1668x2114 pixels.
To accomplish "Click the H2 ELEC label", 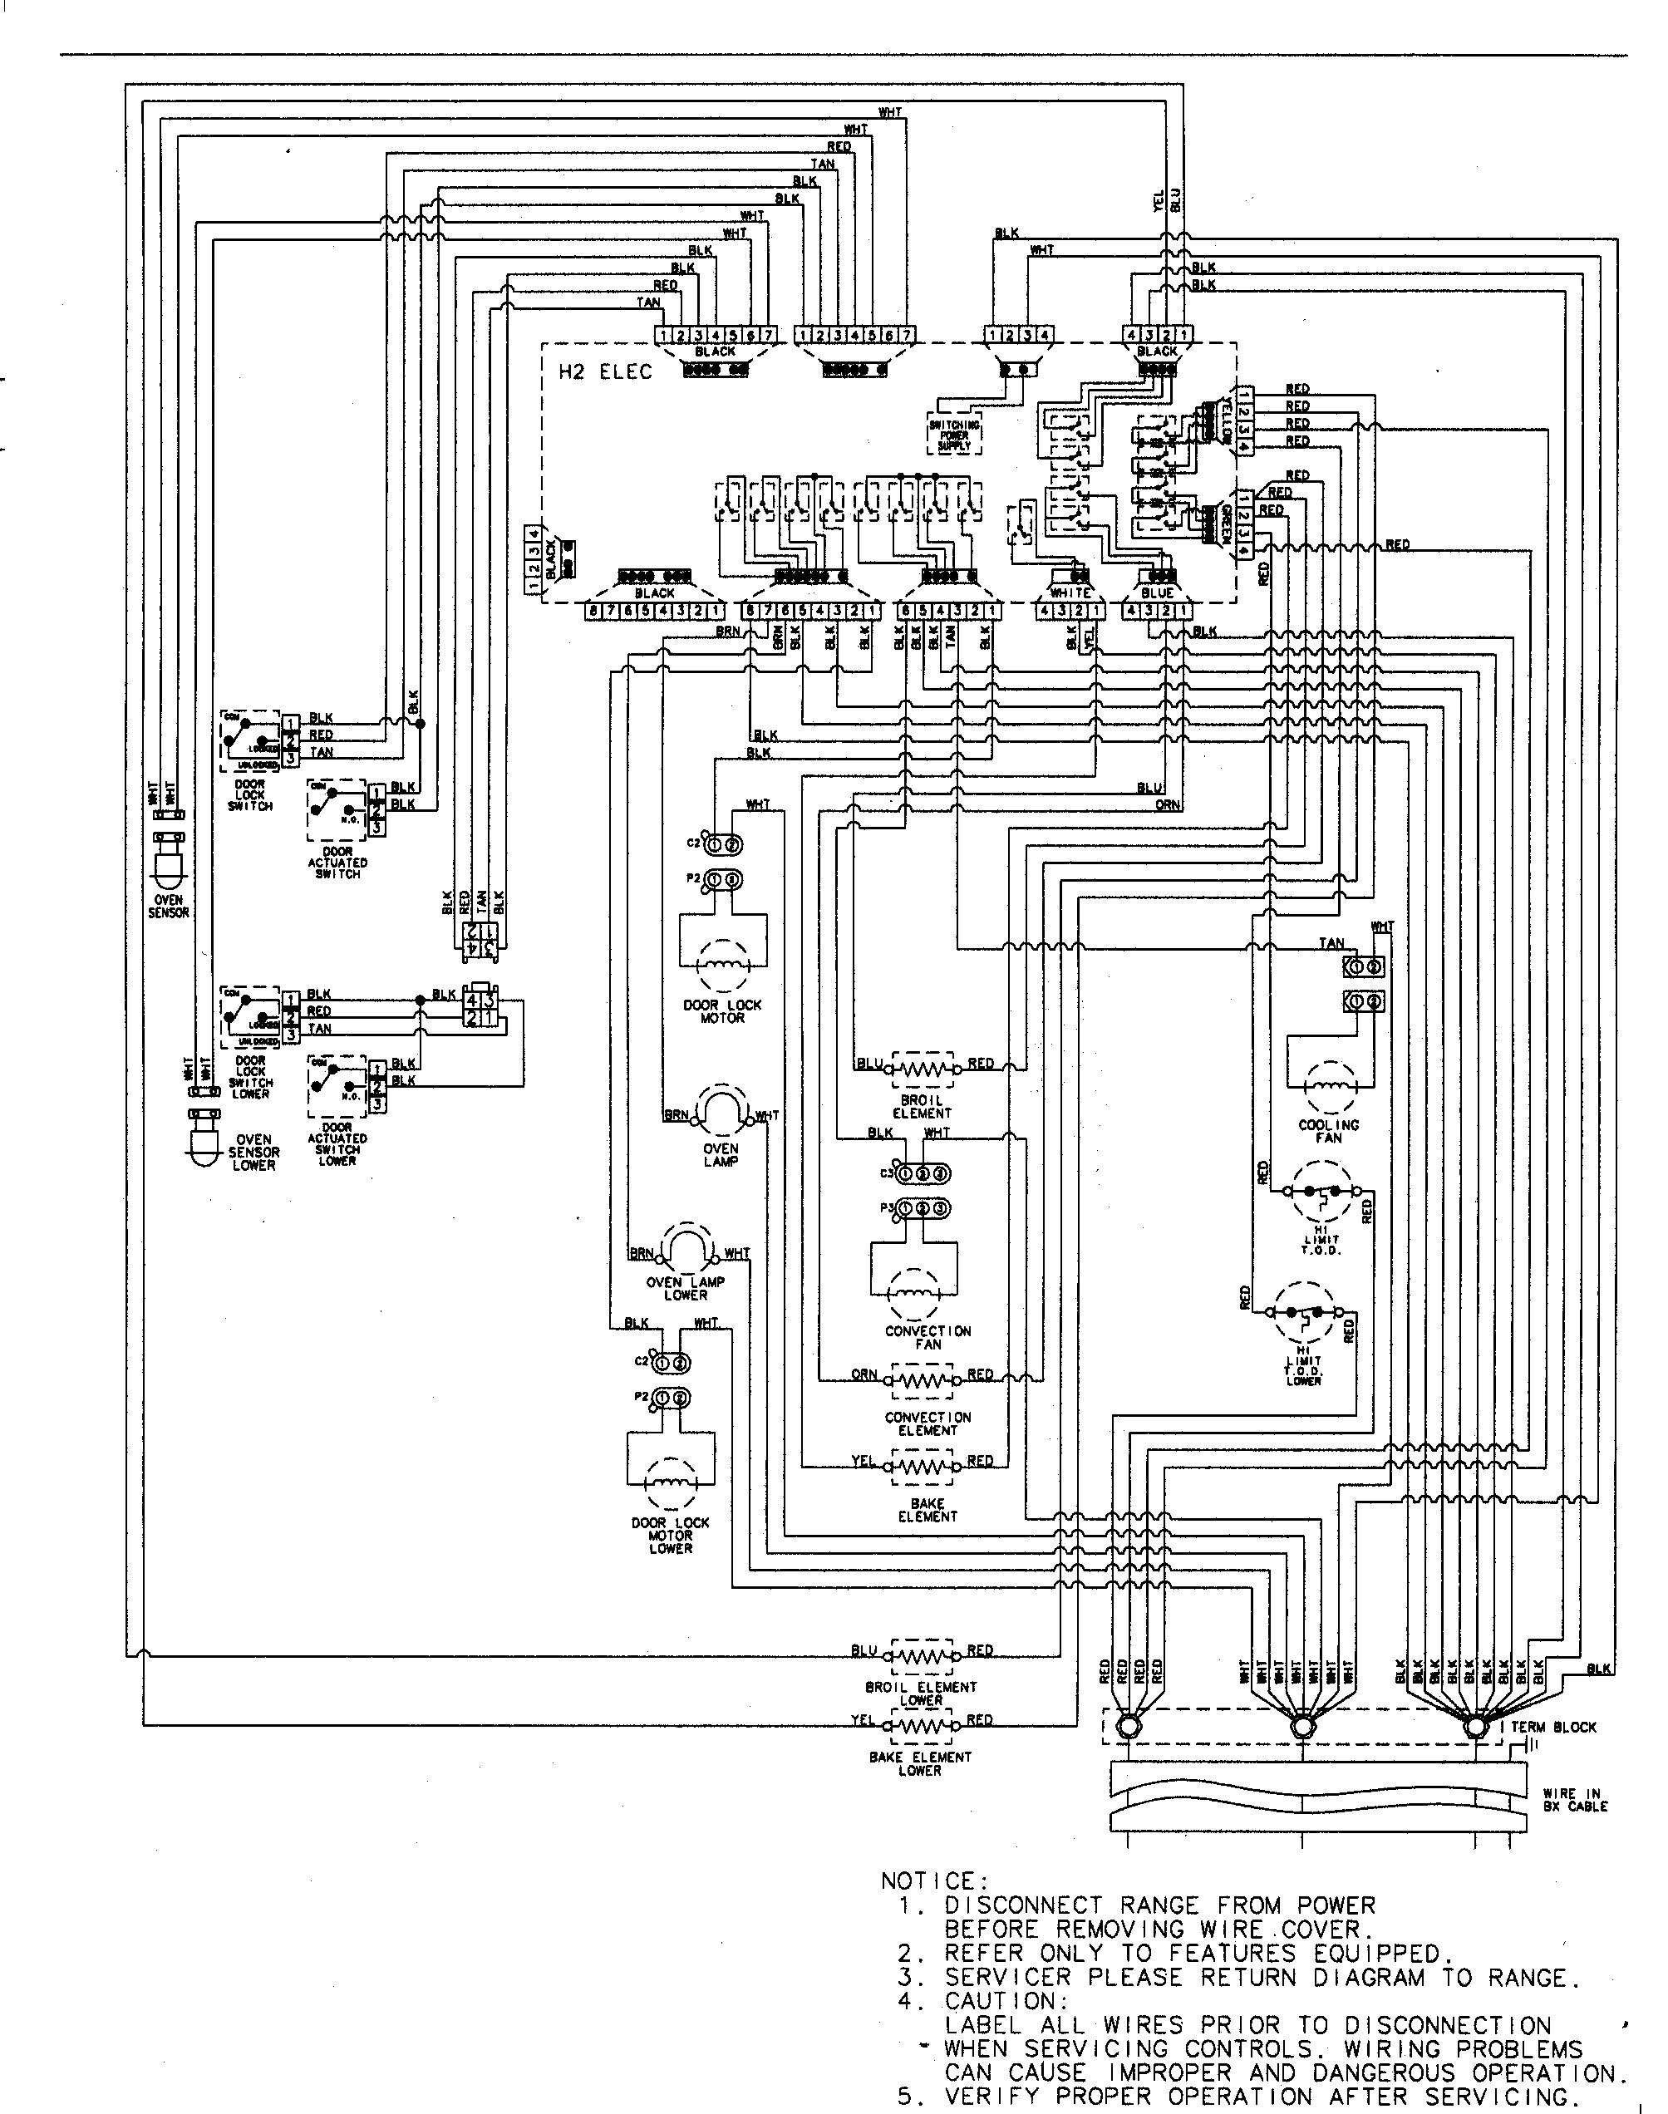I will [604, 372].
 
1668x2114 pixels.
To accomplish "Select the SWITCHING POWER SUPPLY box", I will [954, 435].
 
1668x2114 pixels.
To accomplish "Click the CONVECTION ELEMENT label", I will [927, 1423].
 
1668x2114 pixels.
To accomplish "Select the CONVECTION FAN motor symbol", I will [914, 1295].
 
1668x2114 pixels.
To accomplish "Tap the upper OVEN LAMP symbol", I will [721, 1111].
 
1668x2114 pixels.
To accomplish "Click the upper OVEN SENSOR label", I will [168, 906].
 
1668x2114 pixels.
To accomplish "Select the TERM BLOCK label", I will [1554, 1728].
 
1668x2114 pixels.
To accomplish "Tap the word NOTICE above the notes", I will [935, 1881].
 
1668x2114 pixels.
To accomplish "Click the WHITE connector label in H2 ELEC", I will [1070, 592].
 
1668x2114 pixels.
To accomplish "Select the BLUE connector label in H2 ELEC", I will [1157, 592].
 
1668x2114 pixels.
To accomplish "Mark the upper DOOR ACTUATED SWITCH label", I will [338, 863].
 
